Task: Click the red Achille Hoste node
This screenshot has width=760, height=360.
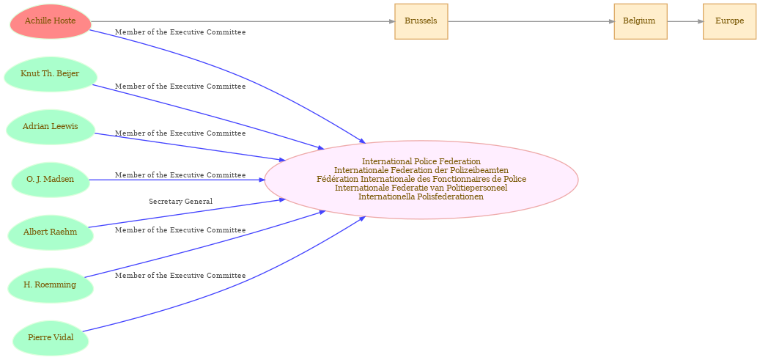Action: [51, 21]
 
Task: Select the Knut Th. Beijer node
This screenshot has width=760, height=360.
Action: [51, 74]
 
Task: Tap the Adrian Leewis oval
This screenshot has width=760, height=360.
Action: [51, 127]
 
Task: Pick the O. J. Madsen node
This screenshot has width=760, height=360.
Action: [51, 180]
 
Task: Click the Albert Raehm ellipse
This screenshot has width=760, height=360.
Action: [51, 232]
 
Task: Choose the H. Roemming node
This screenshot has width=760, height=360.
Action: [50, 284]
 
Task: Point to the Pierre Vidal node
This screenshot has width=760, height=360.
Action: [51, 338]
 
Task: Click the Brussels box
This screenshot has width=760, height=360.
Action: [421, 21]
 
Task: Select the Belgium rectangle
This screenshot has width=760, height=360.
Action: [641, 21]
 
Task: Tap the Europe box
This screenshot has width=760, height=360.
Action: [729, 21]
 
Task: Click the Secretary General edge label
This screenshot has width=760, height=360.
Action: [181, 202]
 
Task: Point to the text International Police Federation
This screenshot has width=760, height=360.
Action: [421, 161]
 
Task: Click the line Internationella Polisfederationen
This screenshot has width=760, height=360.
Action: [421, 196]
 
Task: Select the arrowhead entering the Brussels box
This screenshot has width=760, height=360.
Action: [392, 21]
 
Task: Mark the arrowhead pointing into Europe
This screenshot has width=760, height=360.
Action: [701, 21]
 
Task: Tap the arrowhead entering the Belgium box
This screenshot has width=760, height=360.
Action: [611, 21]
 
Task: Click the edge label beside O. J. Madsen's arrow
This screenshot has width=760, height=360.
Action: [180, 175]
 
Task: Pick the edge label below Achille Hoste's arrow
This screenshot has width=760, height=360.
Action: [180, 32]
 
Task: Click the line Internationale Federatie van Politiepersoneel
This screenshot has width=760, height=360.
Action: [421, 188]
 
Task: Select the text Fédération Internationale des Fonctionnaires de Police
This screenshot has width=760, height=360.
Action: [421, 179]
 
